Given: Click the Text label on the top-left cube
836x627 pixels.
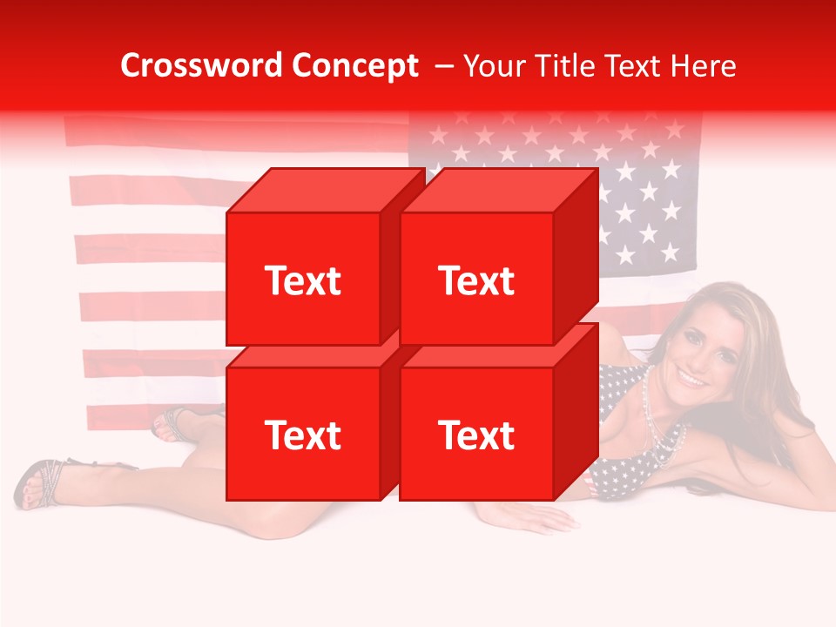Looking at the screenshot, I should coord(302,280).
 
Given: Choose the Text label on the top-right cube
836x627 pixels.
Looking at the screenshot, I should coord(476,280).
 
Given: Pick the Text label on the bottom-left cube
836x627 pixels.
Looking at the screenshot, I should coord(302,435).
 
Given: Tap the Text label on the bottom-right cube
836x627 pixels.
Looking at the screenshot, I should coord(476,435).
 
